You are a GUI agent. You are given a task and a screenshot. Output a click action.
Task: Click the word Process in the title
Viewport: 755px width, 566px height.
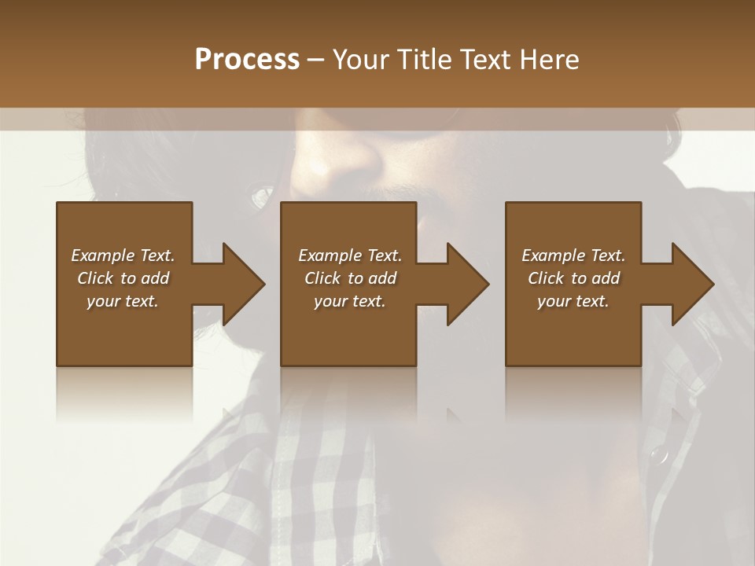point(247,60)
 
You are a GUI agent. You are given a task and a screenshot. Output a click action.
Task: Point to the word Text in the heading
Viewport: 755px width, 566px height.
point(486,60)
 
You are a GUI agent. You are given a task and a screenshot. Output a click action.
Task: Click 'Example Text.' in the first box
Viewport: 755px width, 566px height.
point(123,255)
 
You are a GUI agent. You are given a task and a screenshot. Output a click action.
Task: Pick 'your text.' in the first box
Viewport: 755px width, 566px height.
point(123,301)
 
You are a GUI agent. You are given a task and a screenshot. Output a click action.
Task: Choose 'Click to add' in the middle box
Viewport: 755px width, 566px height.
point(350,278)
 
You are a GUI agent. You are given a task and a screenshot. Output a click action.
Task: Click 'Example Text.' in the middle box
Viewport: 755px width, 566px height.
point(350,255)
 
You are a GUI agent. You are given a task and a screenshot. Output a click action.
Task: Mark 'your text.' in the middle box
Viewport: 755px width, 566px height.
point(350,301)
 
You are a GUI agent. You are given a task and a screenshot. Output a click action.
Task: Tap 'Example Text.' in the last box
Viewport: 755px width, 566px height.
point(573,255)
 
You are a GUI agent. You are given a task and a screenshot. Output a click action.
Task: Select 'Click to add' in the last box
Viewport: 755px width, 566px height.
point(573,278)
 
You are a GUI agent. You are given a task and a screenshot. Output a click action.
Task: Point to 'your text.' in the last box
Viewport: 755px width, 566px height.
point(573,301)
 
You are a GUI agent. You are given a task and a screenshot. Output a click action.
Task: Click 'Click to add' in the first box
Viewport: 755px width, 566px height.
point(123,278)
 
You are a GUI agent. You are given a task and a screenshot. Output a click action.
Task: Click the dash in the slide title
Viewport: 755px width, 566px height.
point(315,61)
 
